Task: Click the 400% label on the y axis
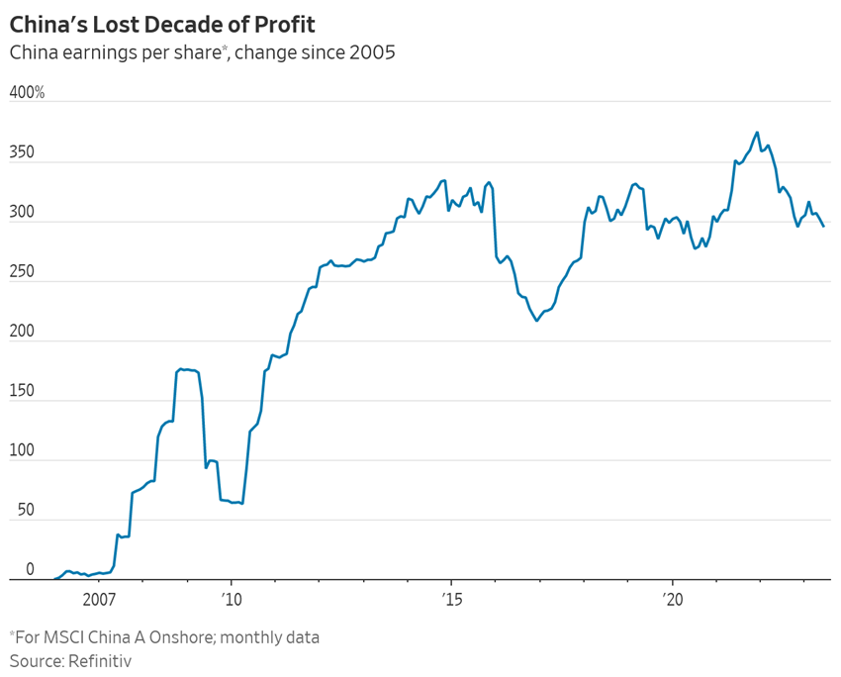[x=27, y=93]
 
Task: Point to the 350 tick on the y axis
[x=22, y=153]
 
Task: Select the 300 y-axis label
[x=22, y=213]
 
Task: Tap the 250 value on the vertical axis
[x=22, y=272]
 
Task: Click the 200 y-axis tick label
[x=22, y=333]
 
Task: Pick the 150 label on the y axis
[x=22, y=392]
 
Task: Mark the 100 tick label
[x=22, y=451]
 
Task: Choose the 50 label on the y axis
[x=25, y=511]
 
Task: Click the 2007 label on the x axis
[x=100, y=599]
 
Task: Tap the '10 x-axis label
[x=231, y=599]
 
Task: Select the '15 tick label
[x=452, y=599]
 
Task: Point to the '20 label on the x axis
[x=673, y=599]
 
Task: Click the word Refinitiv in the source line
[x=100, y=659]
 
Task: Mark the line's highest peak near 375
[x=757, y=132]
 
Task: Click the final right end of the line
[x=823, y=227]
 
